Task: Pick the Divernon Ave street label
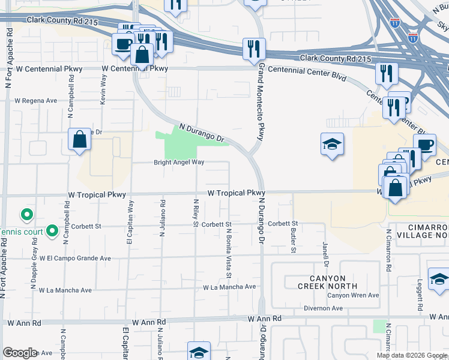[x=322, y=308]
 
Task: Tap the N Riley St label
[x=196, y=213]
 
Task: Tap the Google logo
[x=20, y=353]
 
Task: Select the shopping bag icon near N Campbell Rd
[x=79, y=140]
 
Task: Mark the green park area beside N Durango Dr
[x=182, y=143]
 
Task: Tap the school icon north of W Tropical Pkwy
[x=332, y=145]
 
